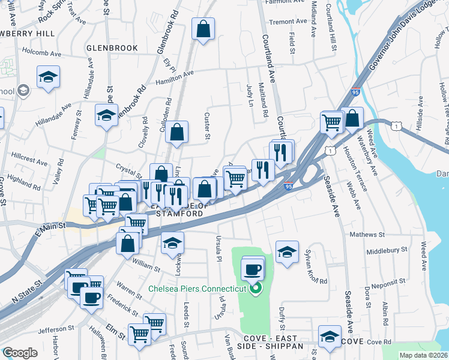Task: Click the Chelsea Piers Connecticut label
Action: pyautogui.click(x=198, y=289)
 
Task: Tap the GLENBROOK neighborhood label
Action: pyautogui.click(x=112, y=47)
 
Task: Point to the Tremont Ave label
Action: pyautogui.click(x=288, y=22)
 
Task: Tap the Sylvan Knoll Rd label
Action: pyautogui.click(x=316, y=265)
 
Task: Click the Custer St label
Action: pyautogui.click(x=208, y=125)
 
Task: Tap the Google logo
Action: pyautogui.click(x=20, y=353)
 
